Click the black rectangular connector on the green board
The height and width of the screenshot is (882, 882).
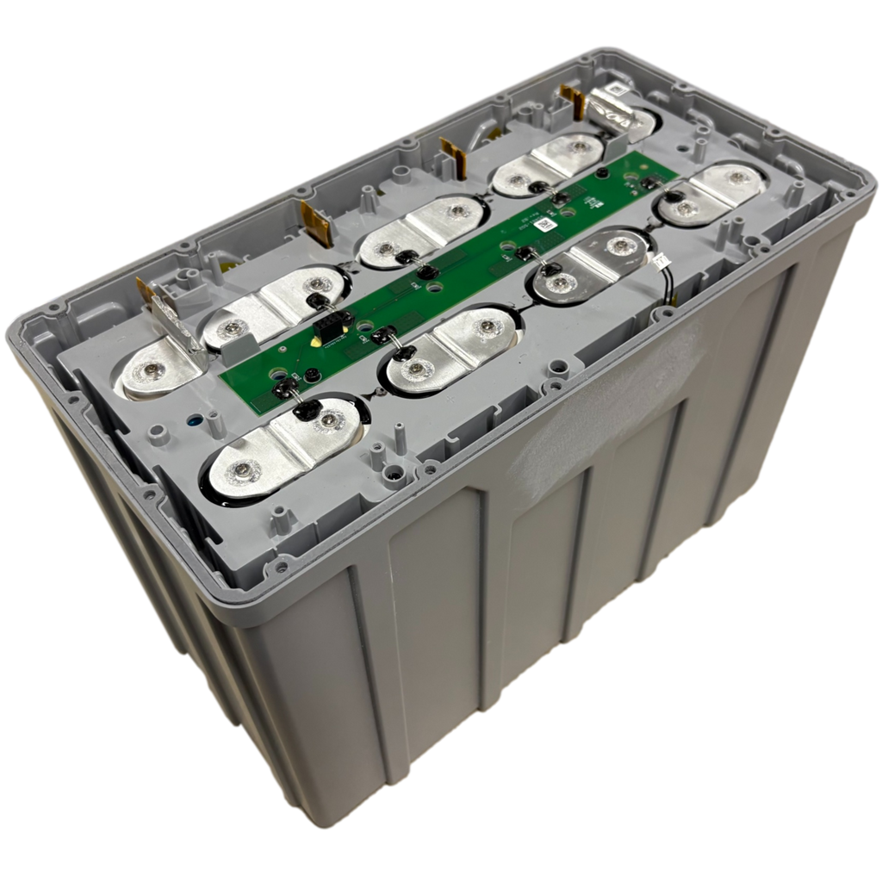pos(328,328)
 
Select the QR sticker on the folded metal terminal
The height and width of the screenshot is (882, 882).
pos(618,90)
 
